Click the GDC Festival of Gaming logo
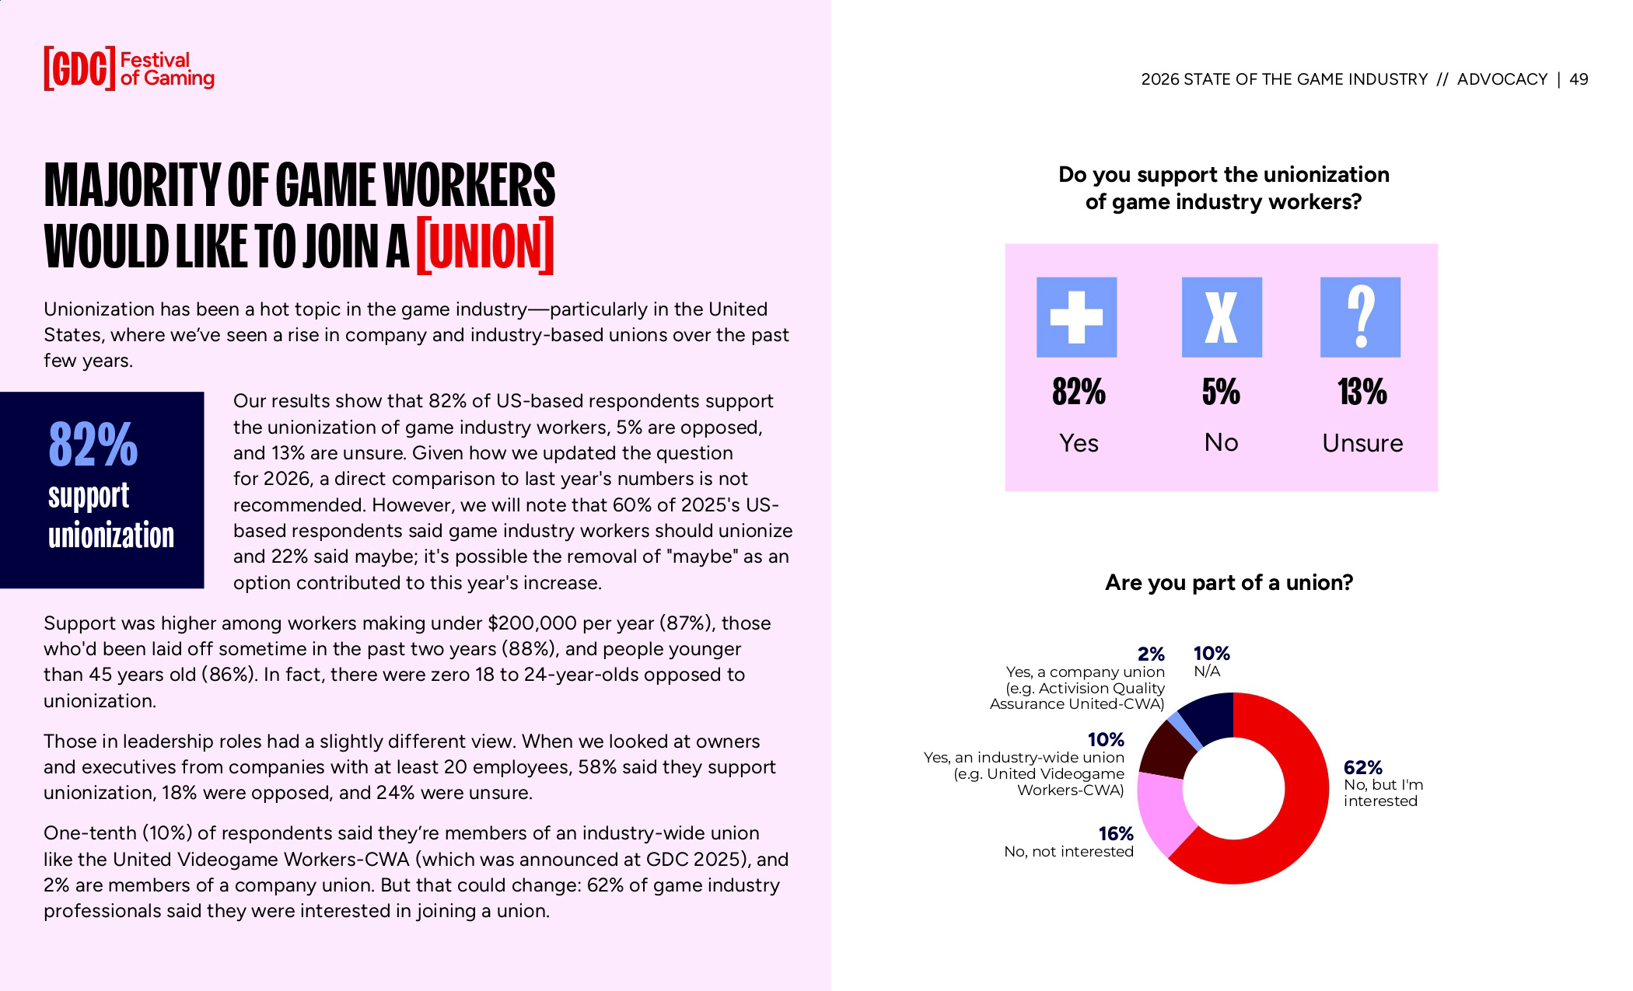(x=128, y=68)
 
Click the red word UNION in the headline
(x=485, y=246)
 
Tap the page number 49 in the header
(x=1579, y=79)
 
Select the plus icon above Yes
(x=1076, y=317)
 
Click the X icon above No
(x=1222, y=317)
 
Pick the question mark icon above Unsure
(x=1360, y=317)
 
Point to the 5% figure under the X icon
(x=1221, y=392)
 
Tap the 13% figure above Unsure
(x=1362, y=392)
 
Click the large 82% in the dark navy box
(x=93, y=445)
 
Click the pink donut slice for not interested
(x=1163, y=816)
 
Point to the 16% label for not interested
(x=1116, y=834)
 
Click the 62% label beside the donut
(x=1363, y=768)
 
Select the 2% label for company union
(x=1151, y=654)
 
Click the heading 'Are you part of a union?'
(x=1229, y=582)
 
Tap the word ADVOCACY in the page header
(x=1502, y=79)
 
